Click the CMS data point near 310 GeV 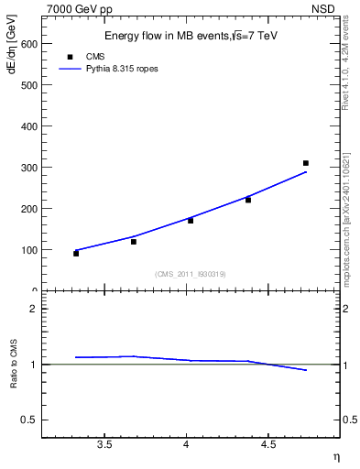[306, 163]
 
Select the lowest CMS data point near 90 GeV [76, 254]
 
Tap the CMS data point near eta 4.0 [191, 221]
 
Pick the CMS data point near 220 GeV [248, 200]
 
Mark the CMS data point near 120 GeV [134, 242]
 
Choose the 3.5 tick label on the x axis [104, 444]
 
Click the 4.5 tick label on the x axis [268, 444]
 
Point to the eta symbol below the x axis [335, 455]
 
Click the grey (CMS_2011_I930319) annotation [191, 274]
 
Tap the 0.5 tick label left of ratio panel [29, 420]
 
